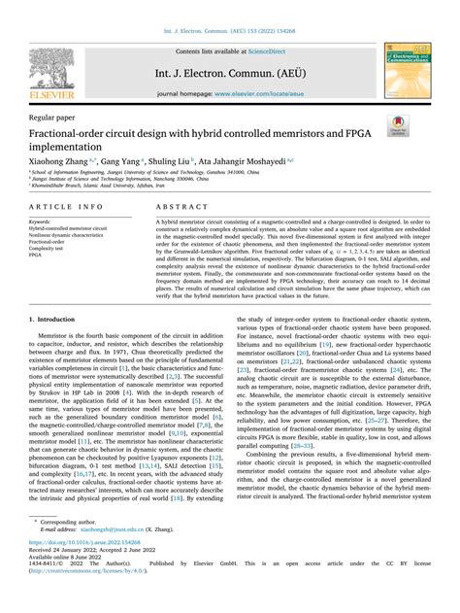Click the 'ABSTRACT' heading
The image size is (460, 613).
coord(178,208)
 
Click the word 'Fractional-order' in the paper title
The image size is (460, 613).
coord(70,130)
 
